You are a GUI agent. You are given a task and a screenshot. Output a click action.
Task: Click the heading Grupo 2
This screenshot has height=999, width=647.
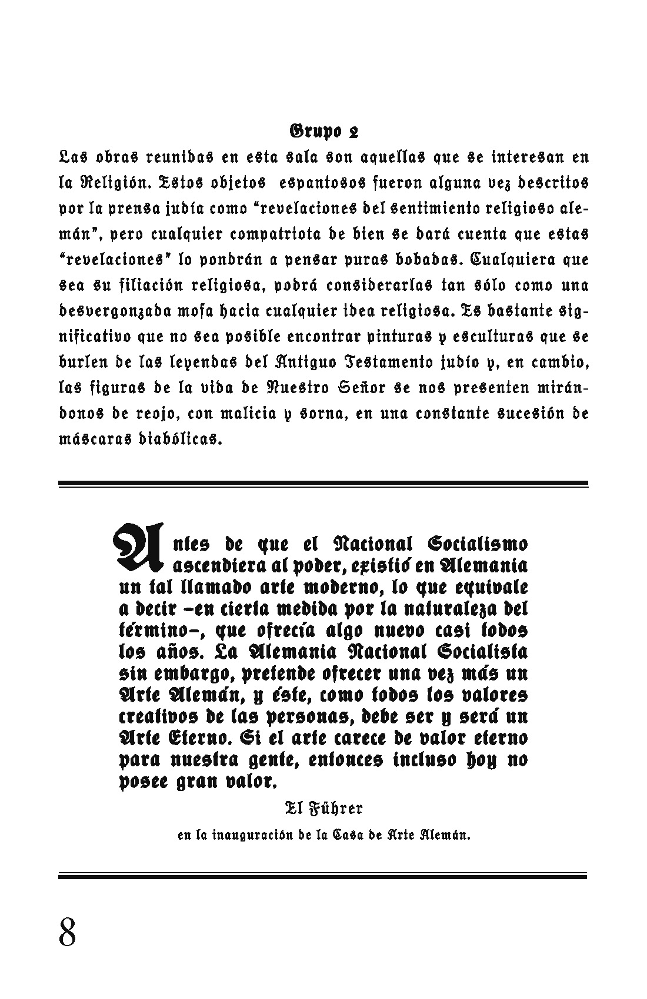(323, 132)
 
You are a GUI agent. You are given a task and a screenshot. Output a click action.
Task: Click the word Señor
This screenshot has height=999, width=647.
(359, 388)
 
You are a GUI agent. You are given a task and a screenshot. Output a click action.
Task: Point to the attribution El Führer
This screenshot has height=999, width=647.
(323, 809)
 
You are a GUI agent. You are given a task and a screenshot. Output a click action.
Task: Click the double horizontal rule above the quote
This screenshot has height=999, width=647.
(323, 484)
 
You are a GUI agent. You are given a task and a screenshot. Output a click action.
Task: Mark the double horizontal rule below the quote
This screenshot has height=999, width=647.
(323, 875)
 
